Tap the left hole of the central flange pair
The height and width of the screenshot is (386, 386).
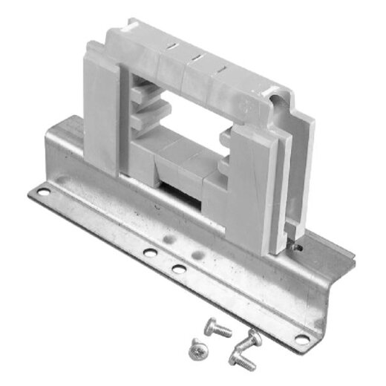(x=150, y=254)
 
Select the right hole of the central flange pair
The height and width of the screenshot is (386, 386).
(x=178, y=268)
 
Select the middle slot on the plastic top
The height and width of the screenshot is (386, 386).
(x=197, y=58)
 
